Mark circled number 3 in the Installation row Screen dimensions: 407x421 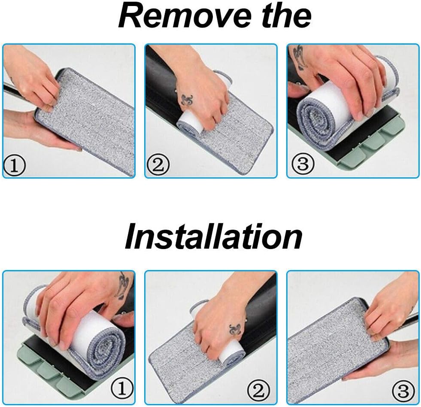point(406,390)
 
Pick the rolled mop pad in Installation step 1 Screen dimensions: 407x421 point(101,339)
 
